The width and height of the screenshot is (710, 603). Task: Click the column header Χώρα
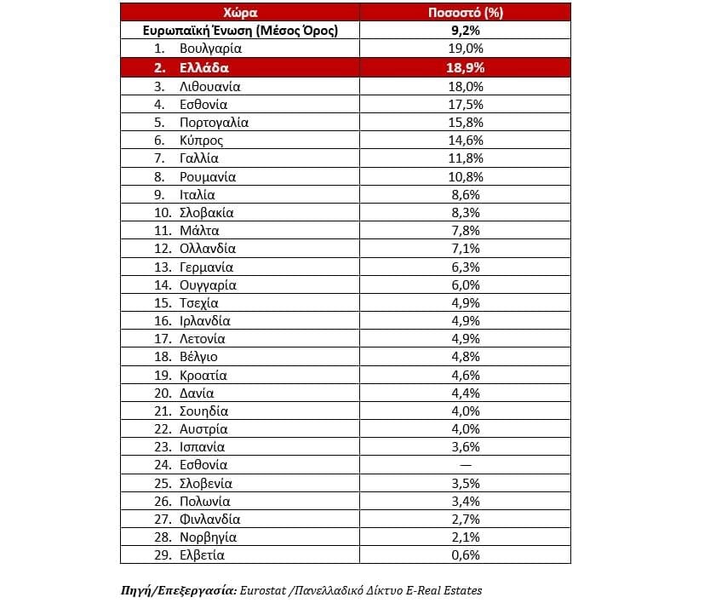[x=242, y=13]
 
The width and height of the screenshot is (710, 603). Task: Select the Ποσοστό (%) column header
[x=465, y=13]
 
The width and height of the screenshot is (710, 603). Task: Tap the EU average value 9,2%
[x=465, y=31]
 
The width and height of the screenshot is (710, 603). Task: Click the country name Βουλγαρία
[x=211, y=49]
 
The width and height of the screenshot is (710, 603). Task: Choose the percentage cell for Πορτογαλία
[x=465, y=123]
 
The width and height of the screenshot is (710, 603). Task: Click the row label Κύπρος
[x=202, y=141]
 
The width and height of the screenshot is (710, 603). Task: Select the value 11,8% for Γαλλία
[x=465, y=158]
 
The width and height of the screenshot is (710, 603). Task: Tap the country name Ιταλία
[x=198, y=195]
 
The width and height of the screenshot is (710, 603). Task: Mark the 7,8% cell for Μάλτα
[x=465, y=231]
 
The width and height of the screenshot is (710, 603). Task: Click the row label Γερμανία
[x=207, y=267]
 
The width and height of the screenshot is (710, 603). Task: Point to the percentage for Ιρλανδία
[x=465, y=321]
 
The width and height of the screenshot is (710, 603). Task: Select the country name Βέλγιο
[x=198, y=357]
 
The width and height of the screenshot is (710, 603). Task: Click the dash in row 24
[x=465, y=465]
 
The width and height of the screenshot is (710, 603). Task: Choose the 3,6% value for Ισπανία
[x=465, y=447]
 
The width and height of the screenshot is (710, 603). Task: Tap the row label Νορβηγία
[x=208, y=537]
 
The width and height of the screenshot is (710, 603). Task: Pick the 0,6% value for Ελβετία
[x=465, y=555]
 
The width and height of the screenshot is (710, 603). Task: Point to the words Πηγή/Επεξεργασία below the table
[x=178, y=589]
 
